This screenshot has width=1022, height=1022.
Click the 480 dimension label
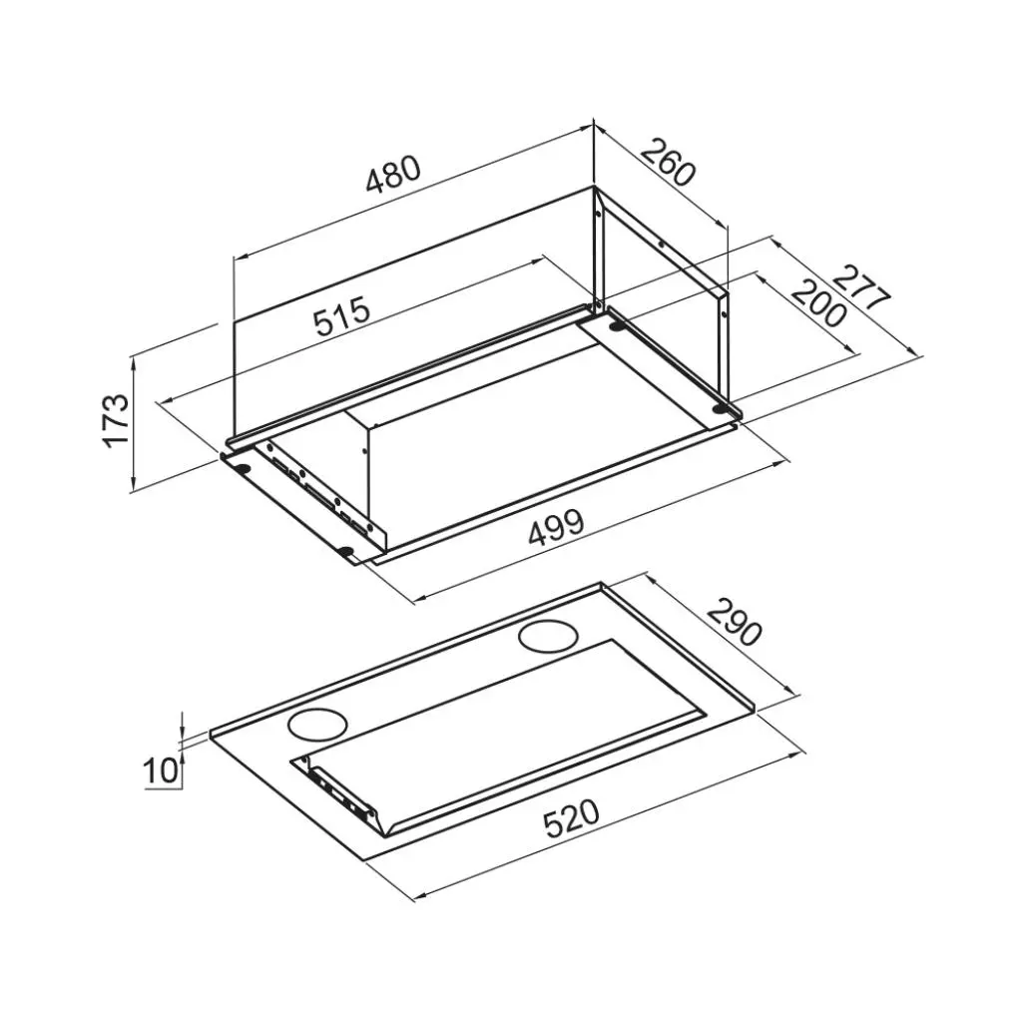click(x=393, y=175)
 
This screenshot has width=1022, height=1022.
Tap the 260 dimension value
click(x=669, y=163)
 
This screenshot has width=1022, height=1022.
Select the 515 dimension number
click(x=341, y=314)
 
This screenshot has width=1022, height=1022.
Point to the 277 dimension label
click(x=861, y=286)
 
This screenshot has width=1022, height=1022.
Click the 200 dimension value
click(x=819, y=303)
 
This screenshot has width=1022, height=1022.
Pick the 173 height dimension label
click(x=118, y=420)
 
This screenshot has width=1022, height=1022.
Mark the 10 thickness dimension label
click(x=160, y=770)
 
